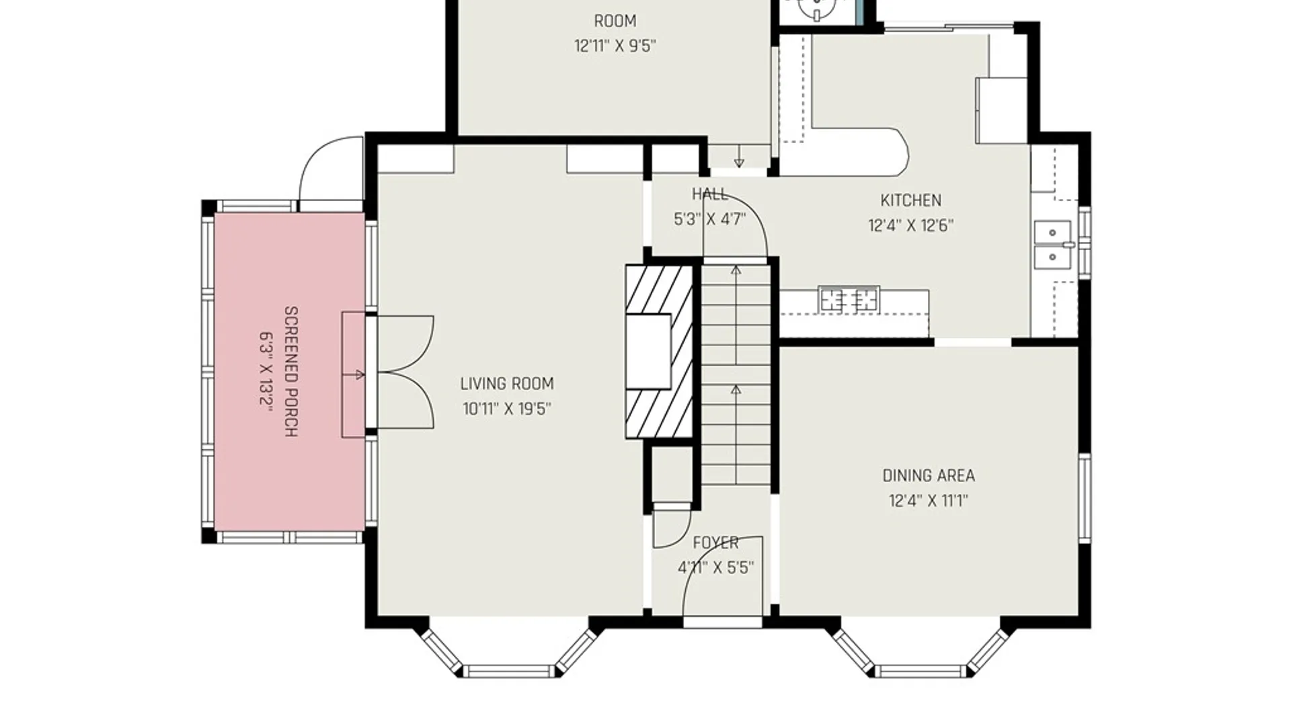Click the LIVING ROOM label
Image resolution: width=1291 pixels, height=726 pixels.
pos(507,384)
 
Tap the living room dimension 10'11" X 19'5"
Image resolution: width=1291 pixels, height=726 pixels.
pos(507,409)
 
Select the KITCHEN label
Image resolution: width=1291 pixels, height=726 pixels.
pos(911,200)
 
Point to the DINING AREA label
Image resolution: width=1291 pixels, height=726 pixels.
pos(929,476)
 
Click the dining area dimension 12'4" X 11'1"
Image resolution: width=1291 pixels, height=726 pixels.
pos(929,501)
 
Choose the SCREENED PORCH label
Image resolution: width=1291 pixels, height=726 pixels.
pos(291,372)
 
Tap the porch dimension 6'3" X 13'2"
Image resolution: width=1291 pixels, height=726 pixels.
pos(267,372)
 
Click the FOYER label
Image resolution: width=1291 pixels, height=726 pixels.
pos(715,542)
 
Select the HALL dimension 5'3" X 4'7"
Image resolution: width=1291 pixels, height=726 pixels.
pos(710,219)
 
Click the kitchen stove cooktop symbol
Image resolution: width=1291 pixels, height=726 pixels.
pos(849,299)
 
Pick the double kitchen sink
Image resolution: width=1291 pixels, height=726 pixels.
pos(1053,245)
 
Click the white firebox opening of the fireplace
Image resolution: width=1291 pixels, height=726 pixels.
pos(648,352)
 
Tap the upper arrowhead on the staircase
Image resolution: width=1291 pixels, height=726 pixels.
pos(736,270)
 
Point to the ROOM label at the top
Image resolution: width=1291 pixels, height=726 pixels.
pos(615,22)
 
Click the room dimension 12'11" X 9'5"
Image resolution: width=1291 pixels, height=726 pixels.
pos(615,46)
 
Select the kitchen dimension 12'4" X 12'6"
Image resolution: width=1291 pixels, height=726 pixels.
pos(911,225)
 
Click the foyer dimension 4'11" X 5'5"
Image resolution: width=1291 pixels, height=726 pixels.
pos(715,567)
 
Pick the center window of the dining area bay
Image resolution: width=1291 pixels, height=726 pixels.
pos(921,671)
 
